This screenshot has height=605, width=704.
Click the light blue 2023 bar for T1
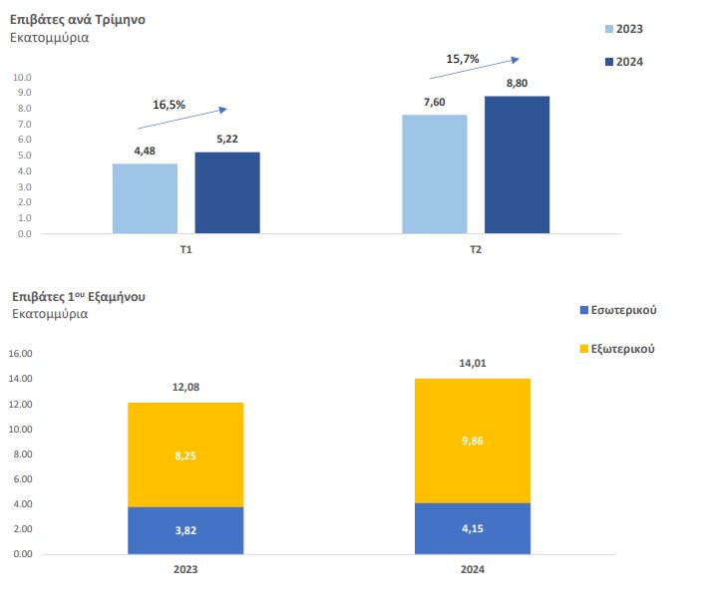[x=145, y=198]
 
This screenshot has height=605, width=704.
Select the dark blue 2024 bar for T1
[x=227, y=192]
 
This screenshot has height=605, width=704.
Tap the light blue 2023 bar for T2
[x=435, y=173]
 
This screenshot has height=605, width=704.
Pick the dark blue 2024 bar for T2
[x=517, y=164]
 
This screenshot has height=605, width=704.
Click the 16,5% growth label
[x=169, y=104]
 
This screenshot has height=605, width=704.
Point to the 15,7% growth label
[x=463, y=59]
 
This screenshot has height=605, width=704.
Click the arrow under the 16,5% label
[x=181, y=118]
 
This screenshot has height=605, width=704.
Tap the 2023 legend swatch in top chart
[x=608, y=29]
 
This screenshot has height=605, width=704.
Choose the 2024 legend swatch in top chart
[x=608, y=62]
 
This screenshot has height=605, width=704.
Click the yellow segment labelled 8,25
[x=185, y=454]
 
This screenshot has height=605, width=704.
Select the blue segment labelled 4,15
[x=472, y=528]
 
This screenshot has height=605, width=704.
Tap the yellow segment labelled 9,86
[x=472, y=441]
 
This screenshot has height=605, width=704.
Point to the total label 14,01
[x=472, y=365]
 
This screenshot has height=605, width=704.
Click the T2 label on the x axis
[x=476, y=249]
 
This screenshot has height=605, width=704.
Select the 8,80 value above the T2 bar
[x=517, y=82]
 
